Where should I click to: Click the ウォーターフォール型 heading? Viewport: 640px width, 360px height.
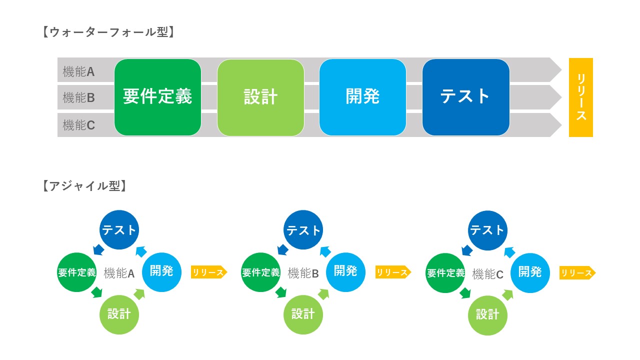(x=108, y=32)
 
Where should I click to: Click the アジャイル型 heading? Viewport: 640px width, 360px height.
(x=84, y=186)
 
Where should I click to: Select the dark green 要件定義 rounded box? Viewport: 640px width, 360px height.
(x=157, y=97)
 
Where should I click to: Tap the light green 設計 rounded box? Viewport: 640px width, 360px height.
(x=260, y=97)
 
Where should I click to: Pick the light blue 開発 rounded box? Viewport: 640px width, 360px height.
(x=363, y=97)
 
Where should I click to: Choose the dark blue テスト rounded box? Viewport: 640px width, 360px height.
(x=466, y=97)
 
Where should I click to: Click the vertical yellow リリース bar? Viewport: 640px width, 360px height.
(x=581, y=97)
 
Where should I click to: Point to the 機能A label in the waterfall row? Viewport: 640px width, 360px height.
(x=78, y=71)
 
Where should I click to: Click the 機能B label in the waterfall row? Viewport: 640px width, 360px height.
(x=78, y=97)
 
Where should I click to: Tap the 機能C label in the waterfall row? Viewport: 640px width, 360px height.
(x=78, y=125)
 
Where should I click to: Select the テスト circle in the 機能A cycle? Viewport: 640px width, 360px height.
(x=119, y=229)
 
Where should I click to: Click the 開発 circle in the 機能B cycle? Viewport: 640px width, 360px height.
(x=345, y=272)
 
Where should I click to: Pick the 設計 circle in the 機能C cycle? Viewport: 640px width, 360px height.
(x=487, y=315)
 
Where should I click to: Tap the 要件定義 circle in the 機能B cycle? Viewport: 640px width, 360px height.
(x=261, y=272)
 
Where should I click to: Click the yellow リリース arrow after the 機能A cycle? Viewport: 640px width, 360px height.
(x=209, y=272)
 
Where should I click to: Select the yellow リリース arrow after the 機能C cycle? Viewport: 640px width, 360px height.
(x=577, y=273)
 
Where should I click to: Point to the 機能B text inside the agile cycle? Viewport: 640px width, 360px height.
(x=303, y=273)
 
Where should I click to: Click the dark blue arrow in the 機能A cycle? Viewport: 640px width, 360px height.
(x=99, y=249)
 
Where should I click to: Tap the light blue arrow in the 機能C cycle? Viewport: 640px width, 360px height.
(x=509, y=252)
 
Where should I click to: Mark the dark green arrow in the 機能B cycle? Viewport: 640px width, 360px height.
(x=281, y=292)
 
